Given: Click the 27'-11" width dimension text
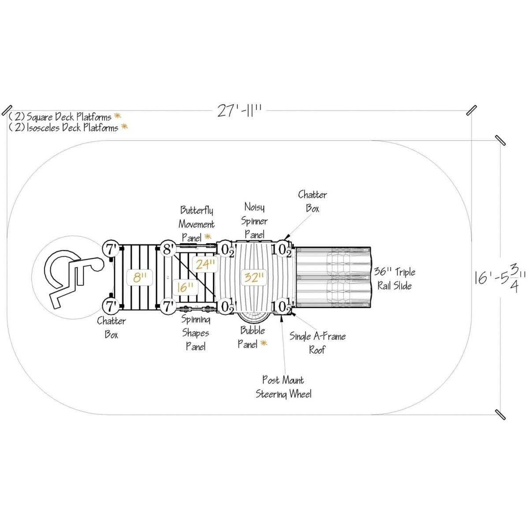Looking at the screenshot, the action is click(x=239, y=111).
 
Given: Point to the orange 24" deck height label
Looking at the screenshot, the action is click(x=205, y=264).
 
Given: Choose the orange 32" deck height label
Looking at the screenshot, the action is click(x=253, y=278).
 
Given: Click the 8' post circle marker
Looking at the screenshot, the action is click(x=168, y=249).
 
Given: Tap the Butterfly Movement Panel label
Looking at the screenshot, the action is click(x=196, y=224).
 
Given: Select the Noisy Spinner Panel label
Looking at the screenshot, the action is click(x=254, y=221).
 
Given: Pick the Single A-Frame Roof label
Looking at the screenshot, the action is click(x=317, y=343).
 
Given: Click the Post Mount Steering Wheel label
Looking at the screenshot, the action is click(x=283, y=387).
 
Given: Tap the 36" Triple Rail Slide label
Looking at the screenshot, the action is click(x=395, y=279).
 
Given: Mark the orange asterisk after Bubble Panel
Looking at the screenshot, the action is click(x=264, y=343).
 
